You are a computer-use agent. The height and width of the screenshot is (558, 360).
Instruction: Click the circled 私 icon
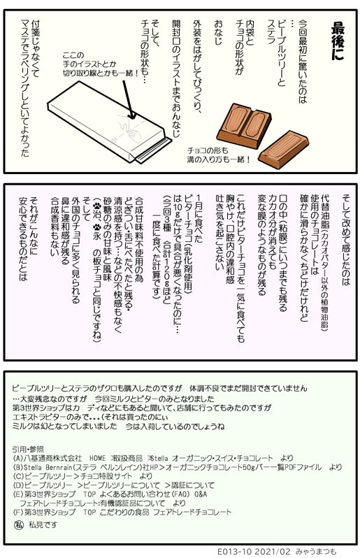tap(19, 524)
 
